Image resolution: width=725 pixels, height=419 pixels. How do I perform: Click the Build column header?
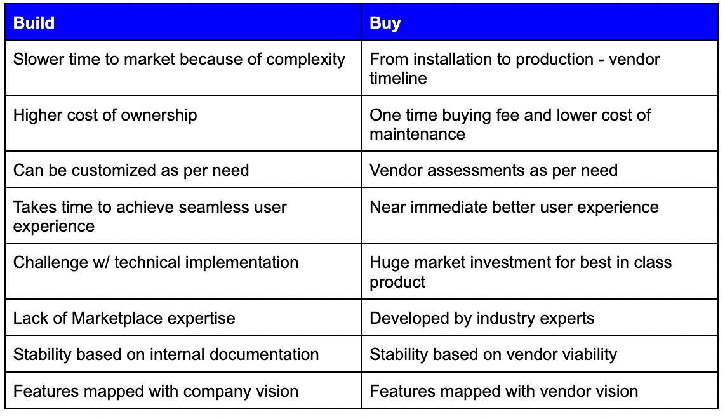point(34,23)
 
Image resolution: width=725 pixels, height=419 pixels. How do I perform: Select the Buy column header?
point(385,23)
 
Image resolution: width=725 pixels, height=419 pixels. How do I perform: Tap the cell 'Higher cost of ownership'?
point(105,116)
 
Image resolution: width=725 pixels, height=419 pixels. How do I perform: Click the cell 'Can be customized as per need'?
point(131,170)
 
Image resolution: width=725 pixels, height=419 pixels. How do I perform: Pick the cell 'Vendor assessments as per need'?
point(493,170)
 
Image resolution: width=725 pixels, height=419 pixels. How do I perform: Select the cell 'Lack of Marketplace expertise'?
point(124,318)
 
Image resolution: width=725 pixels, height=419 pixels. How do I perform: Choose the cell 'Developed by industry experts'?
point(482,318)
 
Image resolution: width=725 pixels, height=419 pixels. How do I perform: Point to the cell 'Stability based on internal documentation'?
point(166,354)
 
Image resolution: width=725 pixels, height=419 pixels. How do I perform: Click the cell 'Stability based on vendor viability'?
point(493,354)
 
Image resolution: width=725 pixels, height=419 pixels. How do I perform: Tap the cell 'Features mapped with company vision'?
point(156,391)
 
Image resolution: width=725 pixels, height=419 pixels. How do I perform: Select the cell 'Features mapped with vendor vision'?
point(504,391)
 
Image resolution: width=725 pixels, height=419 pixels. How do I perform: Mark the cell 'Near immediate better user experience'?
point(514,207)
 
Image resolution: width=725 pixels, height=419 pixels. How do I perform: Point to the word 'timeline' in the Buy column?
point(398,79)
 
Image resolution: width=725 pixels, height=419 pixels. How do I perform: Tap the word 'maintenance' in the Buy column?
point(417,135)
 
